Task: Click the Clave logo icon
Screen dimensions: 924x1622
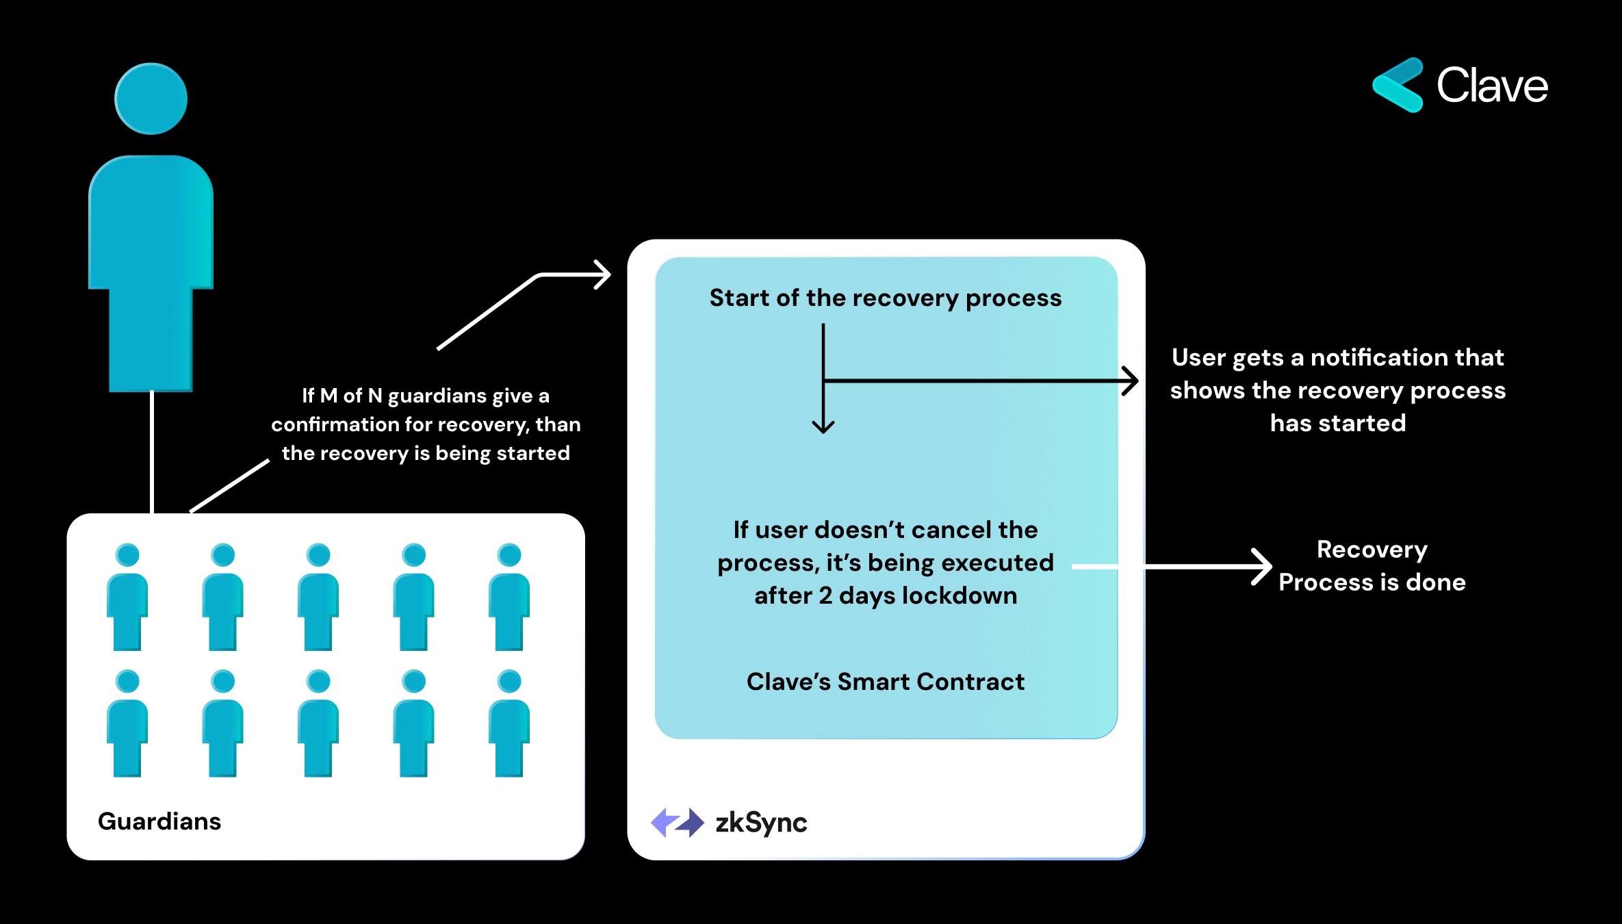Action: (x=1398, y=86)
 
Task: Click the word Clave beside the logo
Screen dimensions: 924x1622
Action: (x=1492, y=86)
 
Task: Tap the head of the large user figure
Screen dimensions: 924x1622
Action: (x=151, y=99)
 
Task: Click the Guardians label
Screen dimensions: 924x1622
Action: (x=159, y=821)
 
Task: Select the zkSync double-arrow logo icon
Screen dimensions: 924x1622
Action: (x=677, y=822)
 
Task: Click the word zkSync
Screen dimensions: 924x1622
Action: (x=761, y=823)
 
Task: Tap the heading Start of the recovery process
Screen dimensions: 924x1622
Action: (x=885, y=298)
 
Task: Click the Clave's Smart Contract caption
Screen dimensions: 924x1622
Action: (x=885, y=682)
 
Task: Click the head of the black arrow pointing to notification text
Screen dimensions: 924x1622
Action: (x=1133, y=381)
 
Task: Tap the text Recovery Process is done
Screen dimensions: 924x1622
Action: (x=1372, y=566)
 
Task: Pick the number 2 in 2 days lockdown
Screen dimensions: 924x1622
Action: (x=825, y=596)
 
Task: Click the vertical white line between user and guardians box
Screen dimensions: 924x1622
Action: (x=152, y=452)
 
